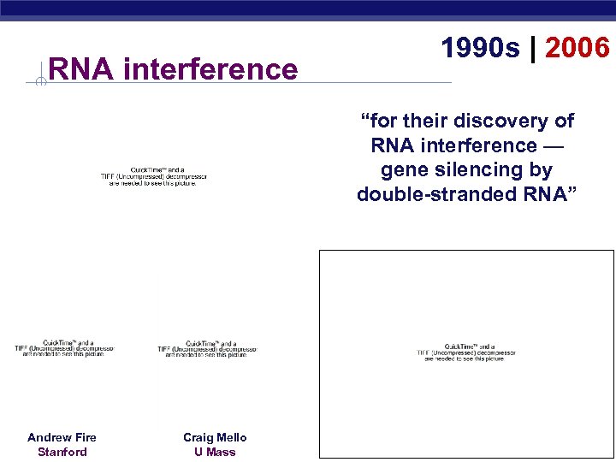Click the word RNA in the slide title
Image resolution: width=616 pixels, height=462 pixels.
pos(81,68)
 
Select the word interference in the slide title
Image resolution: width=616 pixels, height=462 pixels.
pos(210,68)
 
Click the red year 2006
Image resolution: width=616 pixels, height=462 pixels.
pos(577,49)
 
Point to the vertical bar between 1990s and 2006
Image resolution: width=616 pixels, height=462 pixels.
pos(532,49)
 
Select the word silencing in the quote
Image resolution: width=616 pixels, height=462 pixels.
pos(475,170)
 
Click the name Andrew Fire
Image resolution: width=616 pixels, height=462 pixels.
pos(62,437)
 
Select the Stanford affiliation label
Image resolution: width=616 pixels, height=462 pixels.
pos(62,452)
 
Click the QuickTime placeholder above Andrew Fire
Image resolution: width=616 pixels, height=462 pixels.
pos(64,349)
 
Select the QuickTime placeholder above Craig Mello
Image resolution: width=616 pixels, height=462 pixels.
pos(208,349)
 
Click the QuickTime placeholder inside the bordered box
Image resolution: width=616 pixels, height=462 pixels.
pos(466,352)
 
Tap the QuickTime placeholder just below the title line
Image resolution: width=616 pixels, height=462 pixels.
pos(153,176)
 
